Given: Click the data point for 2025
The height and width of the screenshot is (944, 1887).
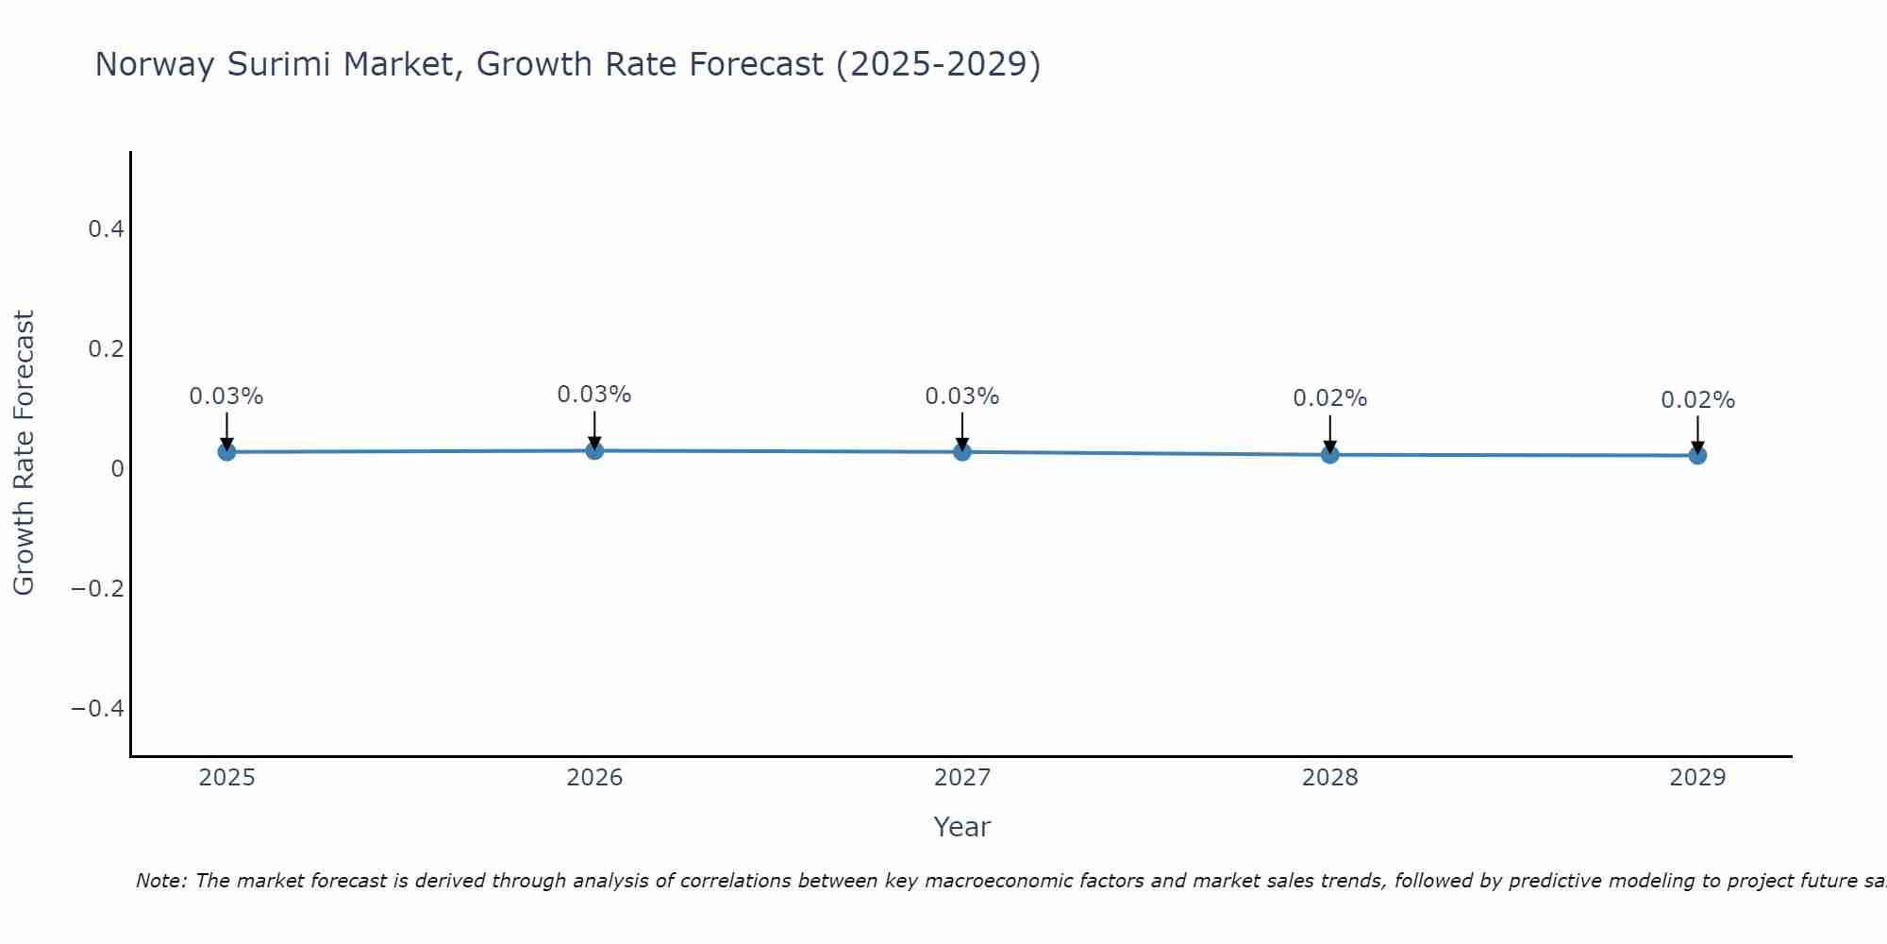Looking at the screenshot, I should click(226, 452).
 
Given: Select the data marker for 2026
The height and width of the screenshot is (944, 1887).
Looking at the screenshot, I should click(594, 450).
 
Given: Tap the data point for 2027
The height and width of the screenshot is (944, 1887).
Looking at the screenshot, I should click(962, 452).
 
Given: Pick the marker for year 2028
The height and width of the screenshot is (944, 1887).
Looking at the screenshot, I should click(1329, 455).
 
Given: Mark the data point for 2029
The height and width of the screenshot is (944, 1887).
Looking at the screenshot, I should click(1697, 456).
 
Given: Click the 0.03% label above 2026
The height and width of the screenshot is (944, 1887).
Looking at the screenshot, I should click(594, 395).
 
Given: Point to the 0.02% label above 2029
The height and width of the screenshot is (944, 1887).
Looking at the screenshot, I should click(1697, 400).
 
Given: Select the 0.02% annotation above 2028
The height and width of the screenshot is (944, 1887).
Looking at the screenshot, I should click(1329, 398).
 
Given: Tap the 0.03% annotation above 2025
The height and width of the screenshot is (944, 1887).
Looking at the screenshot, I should click(226, 396).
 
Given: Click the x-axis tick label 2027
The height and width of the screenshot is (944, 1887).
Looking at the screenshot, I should click(962, 778).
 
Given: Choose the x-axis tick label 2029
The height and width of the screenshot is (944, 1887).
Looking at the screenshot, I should click(1697, 778).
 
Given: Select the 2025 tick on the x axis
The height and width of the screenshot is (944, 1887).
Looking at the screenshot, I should click(226, 778).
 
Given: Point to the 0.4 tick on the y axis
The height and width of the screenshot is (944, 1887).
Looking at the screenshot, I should click(106, 229).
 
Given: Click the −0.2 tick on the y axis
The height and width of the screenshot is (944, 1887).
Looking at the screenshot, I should click(97, 589).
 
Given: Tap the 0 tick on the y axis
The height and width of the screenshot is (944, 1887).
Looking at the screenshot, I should click(117, 469).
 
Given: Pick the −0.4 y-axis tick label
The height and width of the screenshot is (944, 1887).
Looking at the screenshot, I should click(97, 709).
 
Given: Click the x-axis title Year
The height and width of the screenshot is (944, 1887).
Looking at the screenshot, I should click(961, 827).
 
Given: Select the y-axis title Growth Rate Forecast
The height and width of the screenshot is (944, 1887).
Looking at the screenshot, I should click(24, 453).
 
